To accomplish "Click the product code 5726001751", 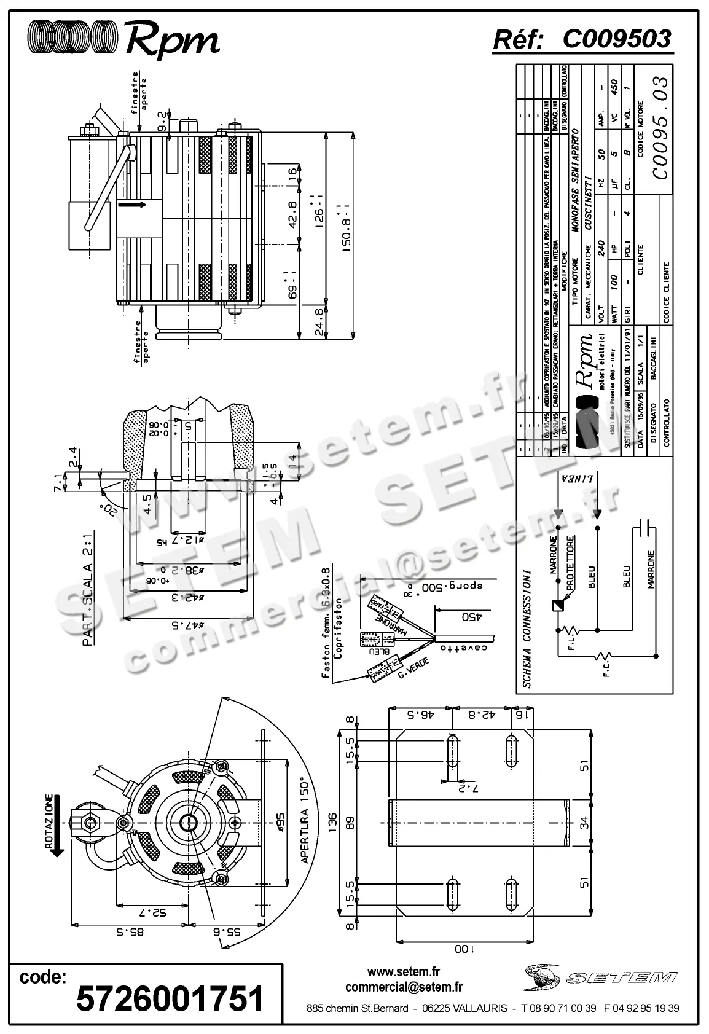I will (170, 998).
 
